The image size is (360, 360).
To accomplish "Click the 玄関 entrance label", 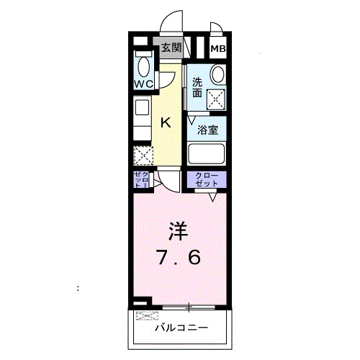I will click(171, 48).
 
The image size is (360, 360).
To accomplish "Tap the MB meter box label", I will click(217, 49).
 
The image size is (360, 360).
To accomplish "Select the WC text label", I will click(143, 84).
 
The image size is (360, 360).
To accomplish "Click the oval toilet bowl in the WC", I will click(143, 67).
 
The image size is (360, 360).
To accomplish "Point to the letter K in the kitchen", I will click(166, 122).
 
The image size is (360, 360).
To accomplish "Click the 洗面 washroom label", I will click(197, 87).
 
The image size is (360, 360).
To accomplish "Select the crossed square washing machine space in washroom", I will click(216, 99).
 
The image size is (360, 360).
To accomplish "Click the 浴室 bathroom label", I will click(208, 130).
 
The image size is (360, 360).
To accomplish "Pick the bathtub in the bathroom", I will click(207, 154).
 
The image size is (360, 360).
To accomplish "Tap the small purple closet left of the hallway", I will click(141, 180).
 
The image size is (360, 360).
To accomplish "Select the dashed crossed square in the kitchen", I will click(143, 155).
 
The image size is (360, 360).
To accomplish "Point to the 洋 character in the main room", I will click(179, 231).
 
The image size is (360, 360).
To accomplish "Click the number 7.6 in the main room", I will click(179, 256).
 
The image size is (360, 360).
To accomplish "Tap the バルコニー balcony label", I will click(182, 328).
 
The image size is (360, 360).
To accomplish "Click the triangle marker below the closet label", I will click(213, 196).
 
